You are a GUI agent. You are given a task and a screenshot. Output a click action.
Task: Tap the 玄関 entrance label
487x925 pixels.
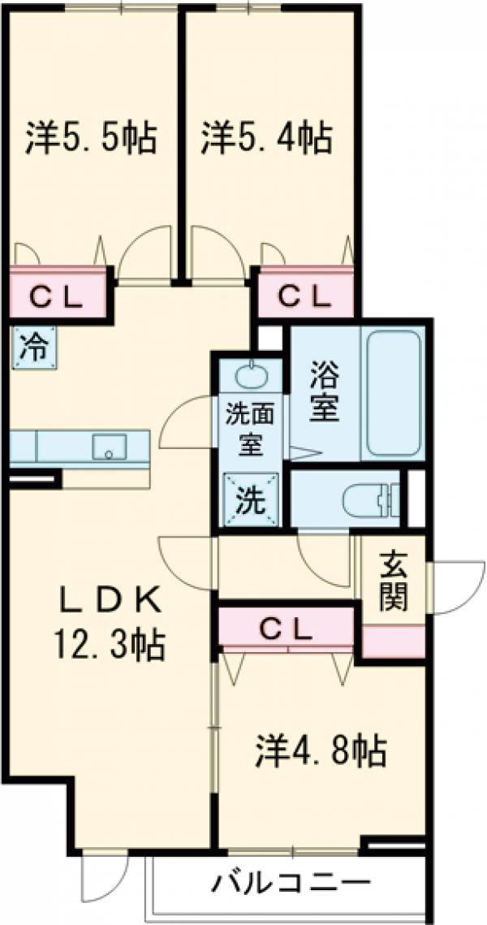click(x=393, y=583)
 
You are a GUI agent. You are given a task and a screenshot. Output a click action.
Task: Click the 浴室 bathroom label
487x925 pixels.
click(x=325, y=393)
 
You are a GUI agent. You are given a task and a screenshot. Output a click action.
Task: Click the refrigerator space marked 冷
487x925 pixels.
click(x=32, y=348)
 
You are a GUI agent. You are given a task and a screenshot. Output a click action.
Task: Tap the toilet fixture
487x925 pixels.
click(x=369, y=499)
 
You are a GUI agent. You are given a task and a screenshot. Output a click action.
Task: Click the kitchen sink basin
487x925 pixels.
click(x=107, y=446)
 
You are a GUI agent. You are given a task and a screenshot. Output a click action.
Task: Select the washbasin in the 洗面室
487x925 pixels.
click(x=249, y=376)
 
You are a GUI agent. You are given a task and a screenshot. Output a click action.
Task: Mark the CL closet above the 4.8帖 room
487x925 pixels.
click(x=287, y=628)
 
